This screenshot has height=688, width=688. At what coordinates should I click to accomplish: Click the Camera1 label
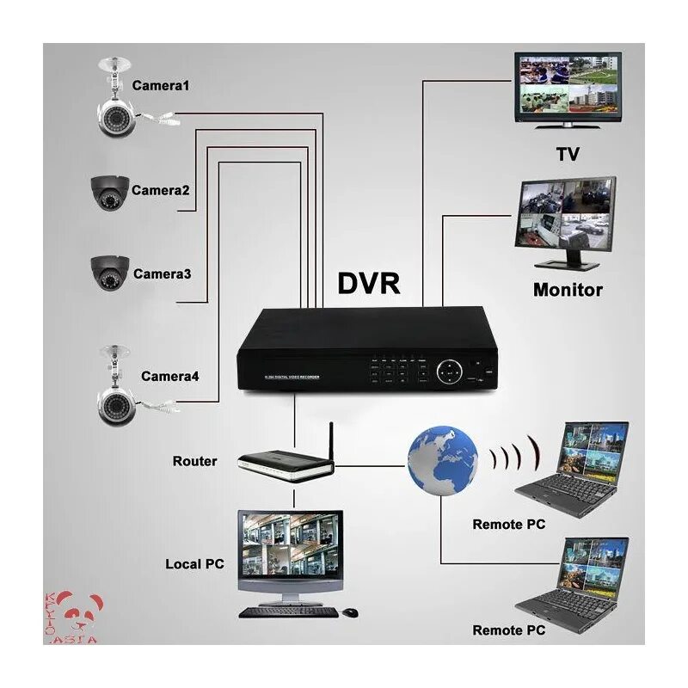160,85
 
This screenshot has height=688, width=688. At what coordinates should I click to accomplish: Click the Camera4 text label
170,376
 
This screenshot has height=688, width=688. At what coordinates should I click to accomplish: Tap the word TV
567,154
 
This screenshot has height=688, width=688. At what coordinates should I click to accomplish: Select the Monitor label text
568,289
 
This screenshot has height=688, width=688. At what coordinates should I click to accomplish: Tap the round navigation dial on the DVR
447,372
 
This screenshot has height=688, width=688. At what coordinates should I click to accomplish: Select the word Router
195,461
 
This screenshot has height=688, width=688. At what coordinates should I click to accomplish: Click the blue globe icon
443,461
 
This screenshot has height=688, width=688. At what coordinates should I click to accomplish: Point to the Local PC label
194,564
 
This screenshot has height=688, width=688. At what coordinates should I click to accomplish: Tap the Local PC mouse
349,611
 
